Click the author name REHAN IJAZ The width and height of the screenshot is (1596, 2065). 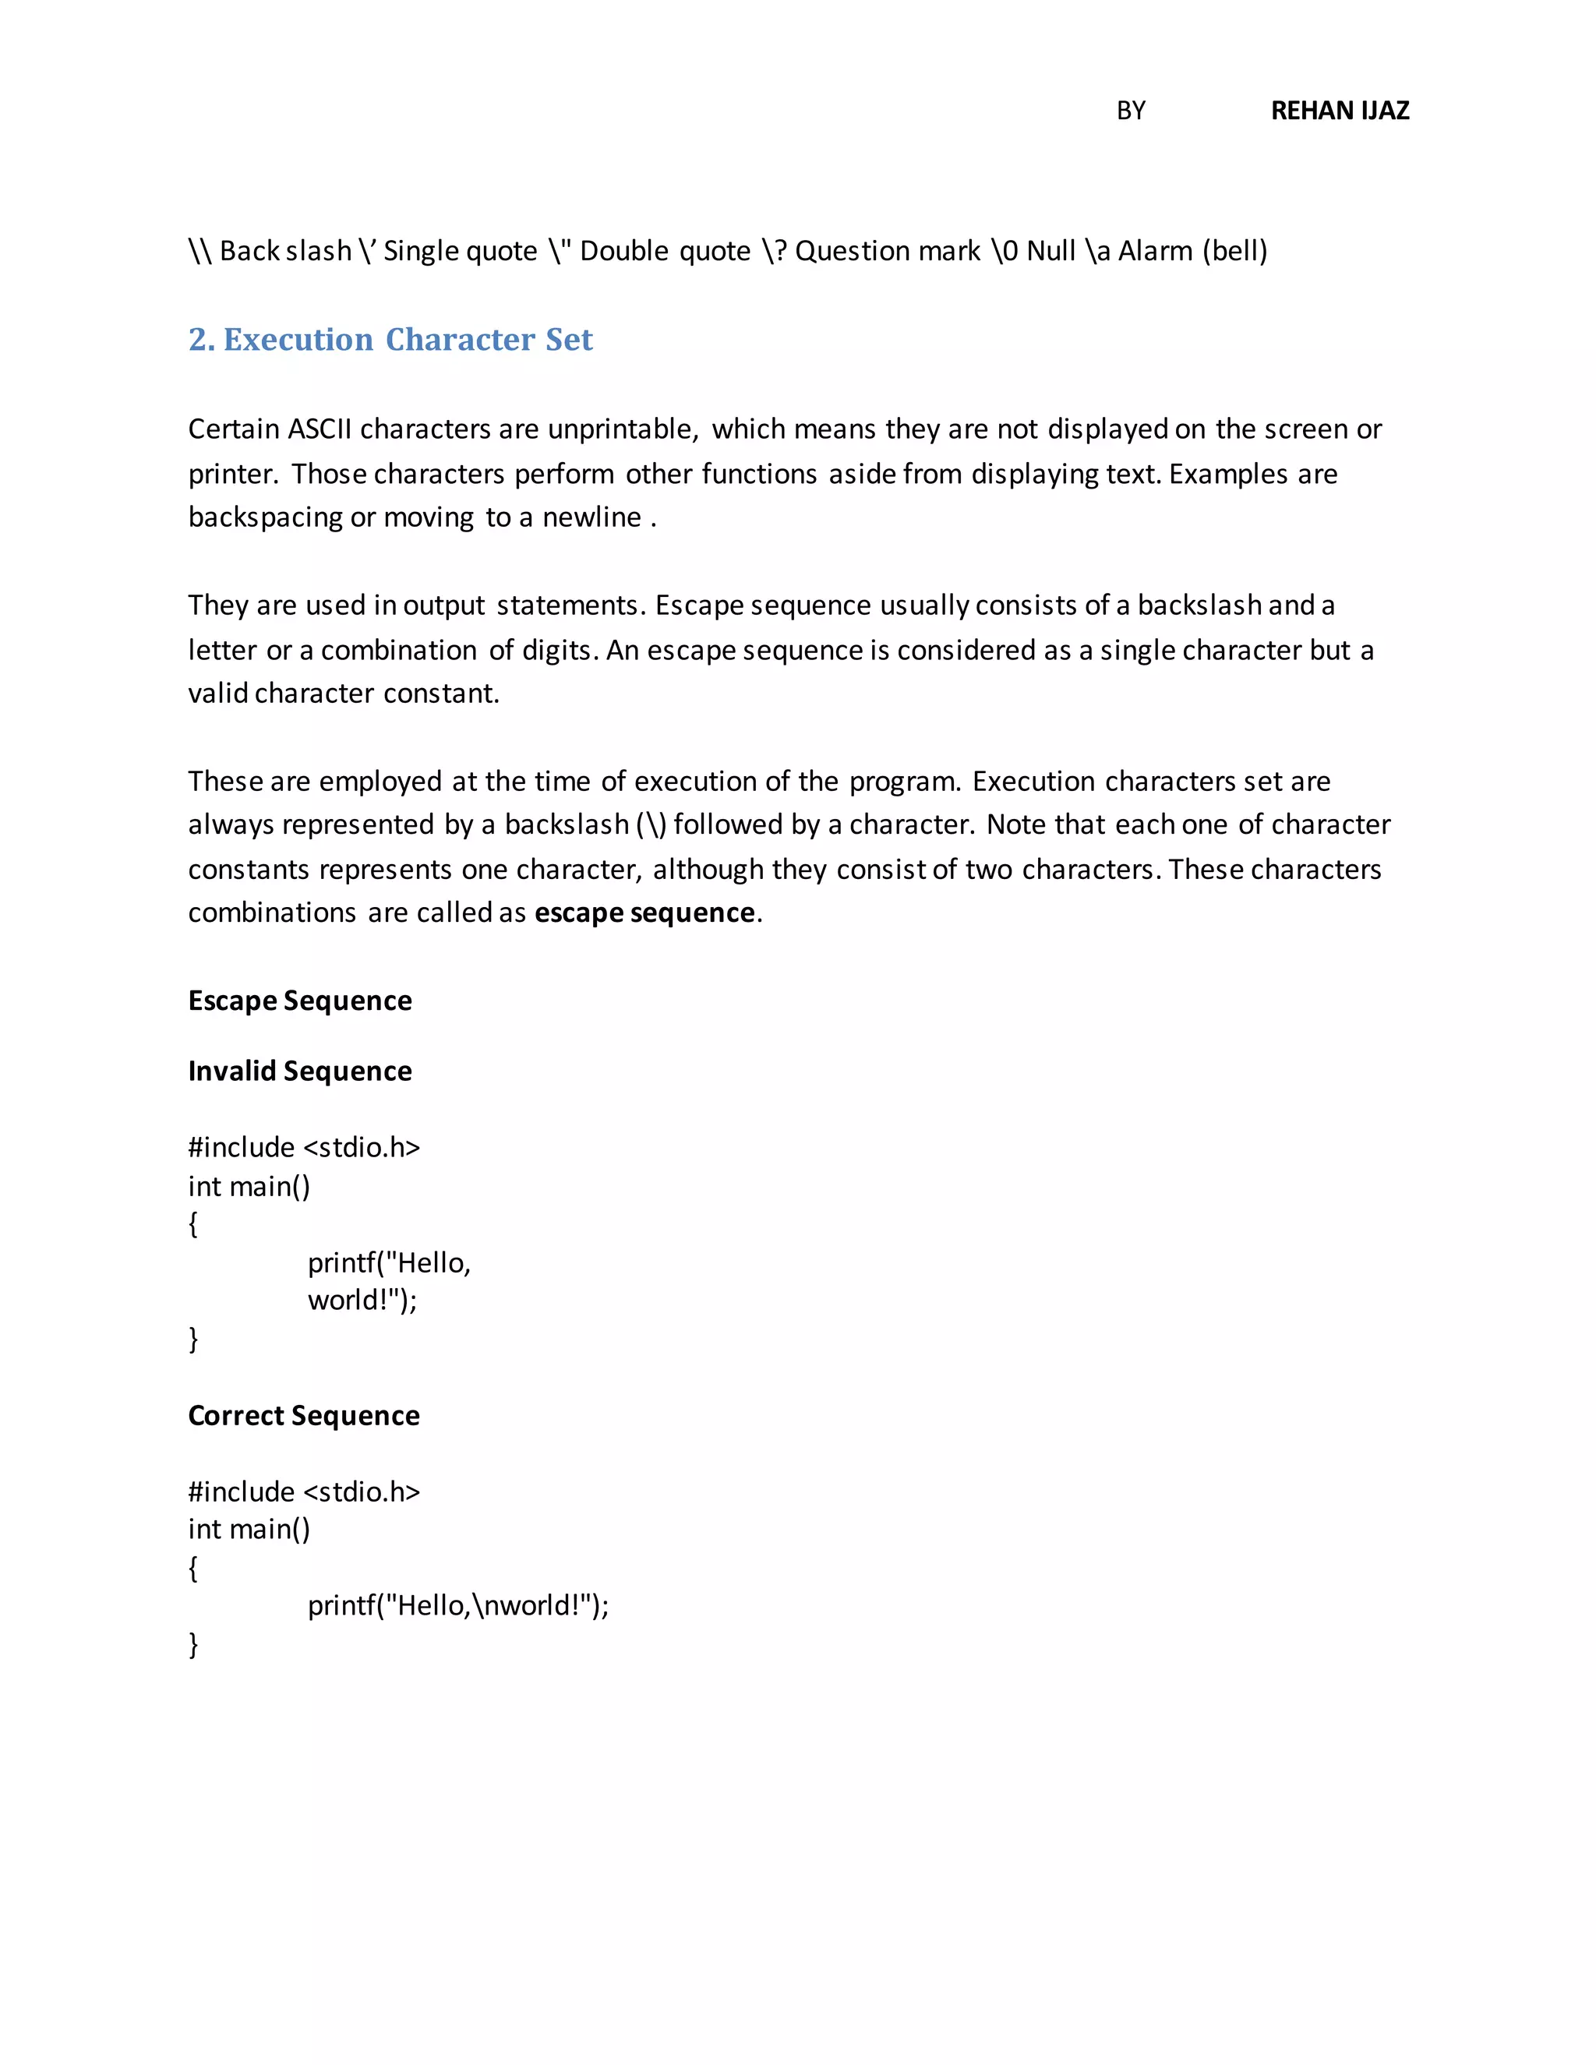[1339, 111]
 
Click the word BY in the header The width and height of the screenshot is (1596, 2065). [1130, 111]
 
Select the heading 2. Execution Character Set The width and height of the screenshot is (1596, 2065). [390, 340]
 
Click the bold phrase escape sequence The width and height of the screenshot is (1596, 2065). [644, 912]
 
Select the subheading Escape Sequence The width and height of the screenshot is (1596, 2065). [300, 1001]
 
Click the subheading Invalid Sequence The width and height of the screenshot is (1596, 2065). [300, 1071]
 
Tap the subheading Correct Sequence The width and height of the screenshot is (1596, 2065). [303, 1415]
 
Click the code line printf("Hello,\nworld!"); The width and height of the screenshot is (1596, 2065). [457, 1605]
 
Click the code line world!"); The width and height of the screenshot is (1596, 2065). [362, 1300]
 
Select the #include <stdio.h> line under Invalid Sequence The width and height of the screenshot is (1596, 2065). [303, 1147]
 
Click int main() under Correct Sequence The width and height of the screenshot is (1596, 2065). [249, 1529]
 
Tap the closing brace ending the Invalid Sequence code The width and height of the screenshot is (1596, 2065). [194, 1338]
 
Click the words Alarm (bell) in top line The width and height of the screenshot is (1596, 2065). [1192, 252]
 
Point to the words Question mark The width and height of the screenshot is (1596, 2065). [887, 252]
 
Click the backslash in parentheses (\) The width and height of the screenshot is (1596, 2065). [651, 824]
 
